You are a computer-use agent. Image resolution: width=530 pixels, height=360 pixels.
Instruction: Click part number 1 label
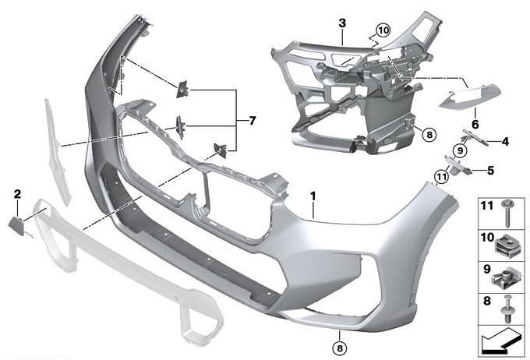pyautogui.click(x=313, y=196)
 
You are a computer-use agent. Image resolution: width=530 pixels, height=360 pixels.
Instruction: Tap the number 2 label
pyautogui.click(x=17, y=194)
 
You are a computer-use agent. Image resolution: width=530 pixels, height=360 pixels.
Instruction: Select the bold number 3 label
pyautogui.click(x=342, y=23)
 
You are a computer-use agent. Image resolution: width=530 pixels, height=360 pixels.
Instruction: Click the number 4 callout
pyautogui.click(x=505, y=142)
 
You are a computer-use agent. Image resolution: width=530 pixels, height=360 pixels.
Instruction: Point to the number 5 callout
pyautogui.click(x=490, y=171)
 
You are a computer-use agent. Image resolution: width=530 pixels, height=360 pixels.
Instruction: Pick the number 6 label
pyautogui.click(x=475, y=125)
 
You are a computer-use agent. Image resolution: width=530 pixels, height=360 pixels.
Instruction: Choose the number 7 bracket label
pyautogui.click(x=253, y=121)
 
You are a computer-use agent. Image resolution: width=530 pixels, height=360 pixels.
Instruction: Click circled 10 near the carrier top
pyautogui.click(x=383, y=30)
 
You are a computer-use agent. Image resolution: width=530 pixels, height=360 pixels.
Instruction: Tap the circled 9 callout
pyautogui.click(x=460, y=150)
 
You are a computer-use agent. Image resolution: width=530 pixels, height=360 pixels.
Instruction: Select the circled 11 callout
pyautogui.click(x=442, y=176)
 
